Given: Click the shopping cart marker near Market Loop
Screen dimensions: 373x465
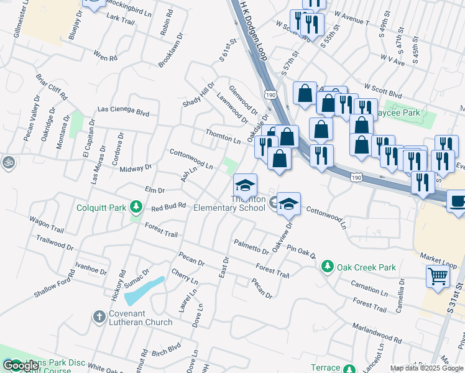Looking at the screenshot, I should coord(438,276).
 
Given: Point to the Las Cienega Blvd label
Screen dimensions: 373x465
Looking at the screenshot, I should coord(124,113).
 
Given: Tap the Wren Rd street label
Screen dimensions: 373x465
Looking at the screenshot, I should coord(105,56).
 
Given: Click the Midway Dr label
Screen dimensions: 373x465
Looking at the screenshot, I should coord(135,168).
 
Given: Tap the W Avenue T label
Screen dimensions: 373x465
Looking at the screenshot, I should coord(351,17).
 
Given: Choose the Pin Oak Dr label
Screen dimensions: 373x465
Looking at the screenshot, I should coord(301,252).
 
